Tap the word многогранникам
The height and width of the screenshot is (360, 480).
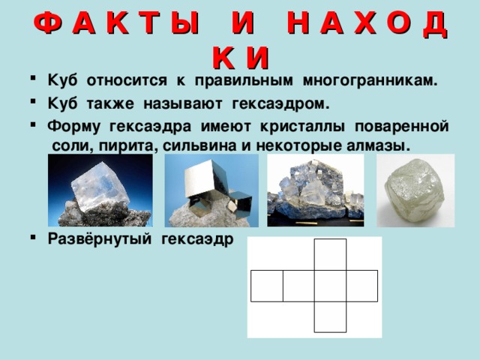[x=376, y=80]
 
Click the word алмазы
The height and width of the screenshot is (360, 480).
[x=379, y=144]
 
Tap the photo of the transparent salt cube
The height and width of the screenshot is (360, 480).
[x=100, y=190]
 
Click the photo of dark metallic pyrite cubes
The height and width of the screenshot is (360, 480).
[x=211, y=190]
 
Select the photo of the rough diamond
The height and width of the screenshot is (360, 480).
[x=415, y=190]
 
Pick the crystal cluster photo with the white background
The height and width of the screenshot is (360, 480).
[x=315, y=190]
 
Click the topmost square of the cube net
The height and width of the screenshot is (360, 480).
[x=330, y=254]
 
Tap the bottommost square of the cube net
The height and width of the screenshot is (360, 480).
[x=330, y=316]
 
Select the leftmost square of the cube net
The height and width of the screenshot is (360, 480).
[x=266, y=286]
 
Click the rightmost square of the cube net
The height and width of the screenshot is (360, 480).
[x=361, y=286]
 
